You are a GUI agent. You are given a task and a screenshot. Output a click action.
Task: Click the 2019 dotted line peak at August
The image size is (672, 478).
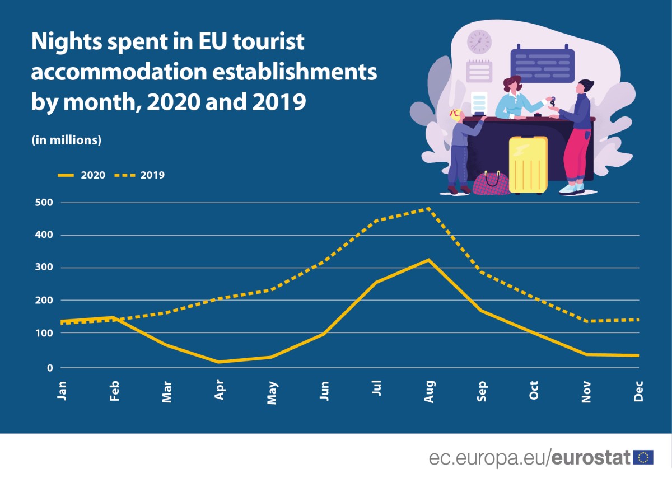click(428, 208)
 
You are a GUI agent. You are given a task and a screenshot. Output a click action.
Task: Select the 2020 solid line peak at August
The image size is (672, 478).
click(428, 260)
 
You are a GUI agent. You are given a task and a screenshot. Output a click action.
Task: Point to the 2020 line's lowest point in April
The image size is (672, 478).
click(219, 362)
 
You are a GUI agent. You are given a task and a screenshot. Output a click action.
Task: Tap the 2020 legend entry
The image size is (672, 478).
click(82, 175)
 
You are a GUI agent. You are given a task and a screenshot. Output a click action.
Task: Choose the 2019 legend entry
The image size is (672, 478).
click(140, 175)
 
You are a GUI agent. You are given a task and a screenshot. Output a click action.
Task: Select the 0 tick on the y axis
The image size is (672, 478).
click(49, 368)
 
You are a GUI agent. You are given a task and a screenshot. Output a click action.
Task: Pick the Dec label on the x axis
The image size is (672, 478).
click(638, 391)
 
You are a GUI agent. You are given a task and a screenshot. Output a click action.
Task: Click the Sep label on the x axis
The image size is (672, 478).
click(482, 390)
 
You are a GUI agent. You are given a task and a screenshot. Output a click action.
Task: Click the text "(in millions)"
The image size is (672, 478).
click(67, 140)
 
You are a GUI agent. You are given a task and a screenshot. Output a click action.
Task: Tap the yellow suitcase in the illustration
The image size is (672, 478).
click(528, 165)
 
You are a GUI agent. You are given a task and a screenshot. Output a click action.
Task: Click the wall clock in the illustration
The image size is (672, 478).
click(479, 41)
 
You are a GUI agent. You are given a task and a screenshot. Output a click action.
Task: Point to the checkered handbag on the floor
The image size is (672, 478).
click(491, 183)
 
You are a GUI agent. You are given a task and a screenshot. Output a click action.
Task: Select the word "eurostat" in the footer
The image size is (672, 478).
click(592, 457)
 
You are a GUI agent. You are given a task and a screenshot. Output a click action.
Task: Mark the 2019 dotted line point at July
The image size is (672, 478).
click(376, 221)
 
